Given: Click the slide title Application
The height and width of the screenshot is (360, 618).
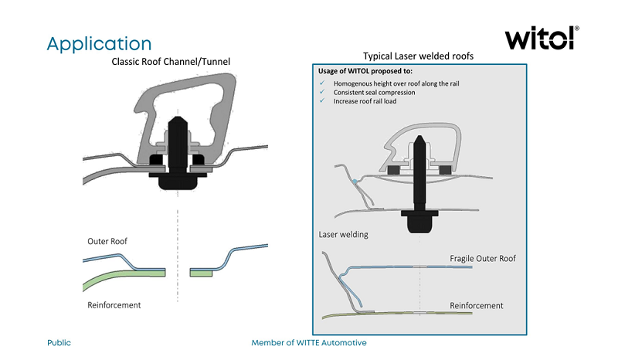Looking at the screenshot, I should (x=99, y=42).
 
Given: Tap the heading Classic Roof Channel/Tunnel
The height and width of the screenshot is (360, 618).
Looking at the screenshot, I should (x=171, y=61).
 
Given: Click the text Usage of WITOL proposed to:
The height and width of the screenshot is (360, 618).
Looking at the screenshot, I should (x=365, y=72).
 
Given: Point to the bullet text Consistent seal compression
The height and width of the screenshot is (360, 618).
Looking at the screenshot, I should (x=374, y=93).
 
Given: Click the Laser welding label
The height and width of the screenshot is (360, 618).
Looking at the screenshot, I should (x=343, y=234).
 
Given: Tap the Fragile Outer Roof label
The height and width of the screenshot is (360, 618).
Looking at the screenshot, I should (x=482, y=258).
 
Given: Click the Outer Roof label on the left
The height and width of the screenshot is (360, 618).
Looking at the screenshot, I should (x=107, y=242).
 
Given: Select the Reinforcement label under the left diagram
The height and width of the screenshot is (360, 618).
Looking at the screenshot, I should (x=114, y=305).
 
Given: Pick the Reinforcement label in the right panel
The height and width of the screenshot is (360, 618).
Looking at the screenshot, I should (x=477, y=306).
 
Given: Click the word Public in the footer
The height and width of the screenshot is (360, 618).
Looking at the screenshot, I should (x=59, y=342).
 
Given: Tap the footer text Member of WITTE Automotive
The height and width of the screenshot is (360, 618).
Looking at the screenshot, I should (x=308, y=342).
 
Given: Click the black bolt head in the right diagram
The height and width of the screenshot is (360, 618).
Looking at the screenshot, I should (x=418, y=222).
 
